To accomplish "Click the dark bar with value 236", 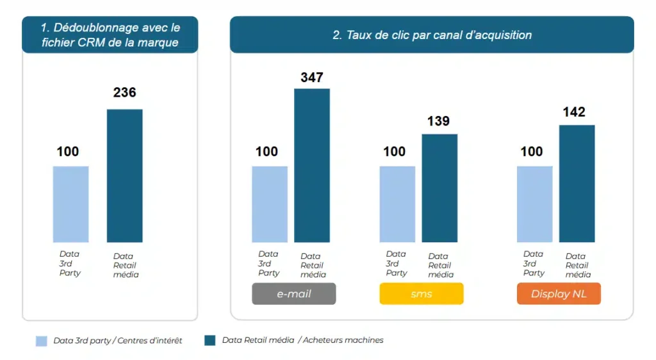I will click(x=124, y=176).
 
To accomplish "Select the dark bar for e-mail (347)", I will click(x=312, y=165).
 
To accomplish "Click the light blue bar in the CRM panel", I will click(x=70, y=204).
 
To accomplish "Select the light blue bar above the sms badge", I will click(x=397, y=204).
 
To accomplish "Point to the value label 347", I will click(x=312, y=78).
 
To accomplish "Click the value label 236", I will click(x=124, y=92).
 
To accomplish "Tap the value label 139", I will click(x=439, y=121).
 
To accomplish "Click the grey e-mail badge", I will click(x=293, y=293).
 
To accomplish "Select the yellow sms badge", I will click(x=421, y=293).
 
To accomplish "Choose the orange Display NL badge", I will click(x=559, y=293).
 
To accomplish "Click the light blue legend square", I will click(x=42, y=341).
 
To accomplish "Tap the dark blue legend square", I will click(x=209, y=340).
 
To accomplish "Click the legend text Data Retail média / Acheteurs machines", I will click(x=302, y=340).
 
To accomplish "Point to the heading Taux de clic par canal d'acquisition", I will click(x=432, y=35).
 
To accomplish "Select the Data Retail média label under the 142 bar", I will click(x=577, y=265).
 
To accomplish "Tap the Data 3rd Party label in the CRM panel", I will click(x=70, y=263).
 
